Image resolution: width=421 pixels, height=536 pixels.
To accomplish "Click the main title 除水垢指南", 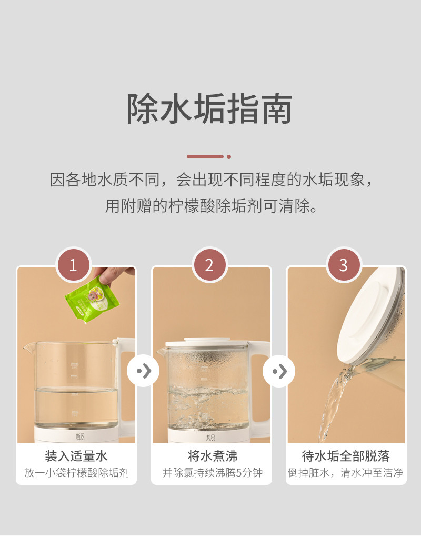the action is coord(209,108).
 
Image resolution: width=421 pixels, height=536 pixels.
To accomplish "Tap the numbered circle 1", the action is coord(73,265).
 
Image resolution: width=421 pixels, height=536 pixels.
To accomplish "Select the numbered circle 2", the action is coord(209,265).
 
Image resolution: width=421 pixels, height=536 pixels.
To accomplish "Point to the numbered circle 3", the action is coord(344,265).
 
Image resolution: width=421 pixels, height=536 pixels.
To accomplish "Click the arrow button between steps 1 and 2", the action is coord(143,371).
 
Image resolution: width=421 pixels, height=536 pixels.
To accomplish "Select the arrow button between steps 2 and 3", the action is coord(279,371).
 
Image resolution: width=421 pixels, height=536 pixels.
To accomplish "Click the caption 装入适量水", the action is coord(76,456).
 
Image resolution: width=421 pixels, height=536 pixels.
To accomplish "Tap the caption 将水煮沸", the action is coord(212,456).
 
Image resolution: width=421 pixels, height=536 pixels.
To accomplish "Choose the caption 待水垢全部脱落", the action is coord(346,456).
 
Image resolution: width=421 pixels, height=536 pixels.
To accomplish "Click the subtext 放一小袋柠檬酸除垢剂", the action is coord(76,473).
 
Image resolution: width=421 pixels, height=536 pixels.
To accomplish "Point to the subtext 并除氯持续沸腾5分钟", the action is coord(212,473).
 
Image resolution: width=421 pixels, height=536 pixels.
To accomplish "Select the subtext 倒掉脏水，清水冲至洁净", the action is coord(345,473).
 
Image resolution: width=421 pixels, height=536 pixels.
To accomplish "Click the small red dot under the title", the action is coord(229,157).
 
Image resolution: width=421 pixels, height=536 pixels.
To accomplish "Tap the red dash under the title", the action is coord(205,156).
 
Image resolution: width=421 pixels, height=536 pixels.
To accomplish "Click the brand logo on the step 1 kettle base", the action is coord(79,437).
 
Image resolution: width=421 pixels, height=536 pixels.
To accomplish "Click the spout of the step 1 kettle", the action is coord(29,348).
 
